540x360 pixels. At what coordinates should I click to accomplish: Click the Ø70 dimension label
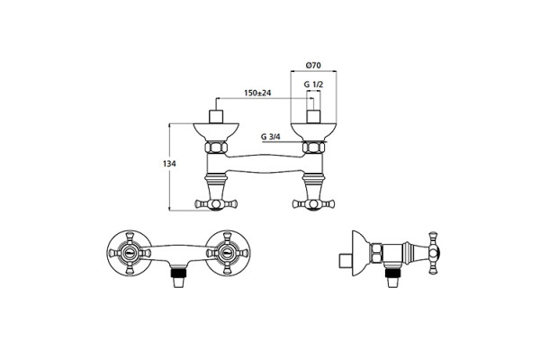(313, 65)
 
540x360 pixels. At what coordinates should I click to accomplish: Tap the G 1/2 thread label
(313, 84)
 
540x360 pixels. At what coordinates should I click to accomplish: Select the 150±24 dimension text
(257, 93)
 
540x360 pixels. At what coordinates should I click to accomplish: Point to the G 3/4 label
(271, 137)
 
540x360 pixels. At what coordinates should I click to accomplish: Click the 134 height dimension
(169, 164)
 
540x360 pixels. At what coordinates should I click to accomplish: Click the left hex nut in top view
(216, 148)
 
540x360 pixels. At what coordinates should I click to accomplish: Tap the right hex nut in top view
(313, 148)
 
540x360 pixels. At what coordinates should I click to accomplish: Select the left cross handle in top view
(216, 204)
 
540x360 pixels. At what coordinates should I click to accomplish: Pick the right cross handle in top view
(313, 204)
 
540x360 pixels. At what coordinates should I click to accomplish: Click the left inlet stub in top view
(216, 117)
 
